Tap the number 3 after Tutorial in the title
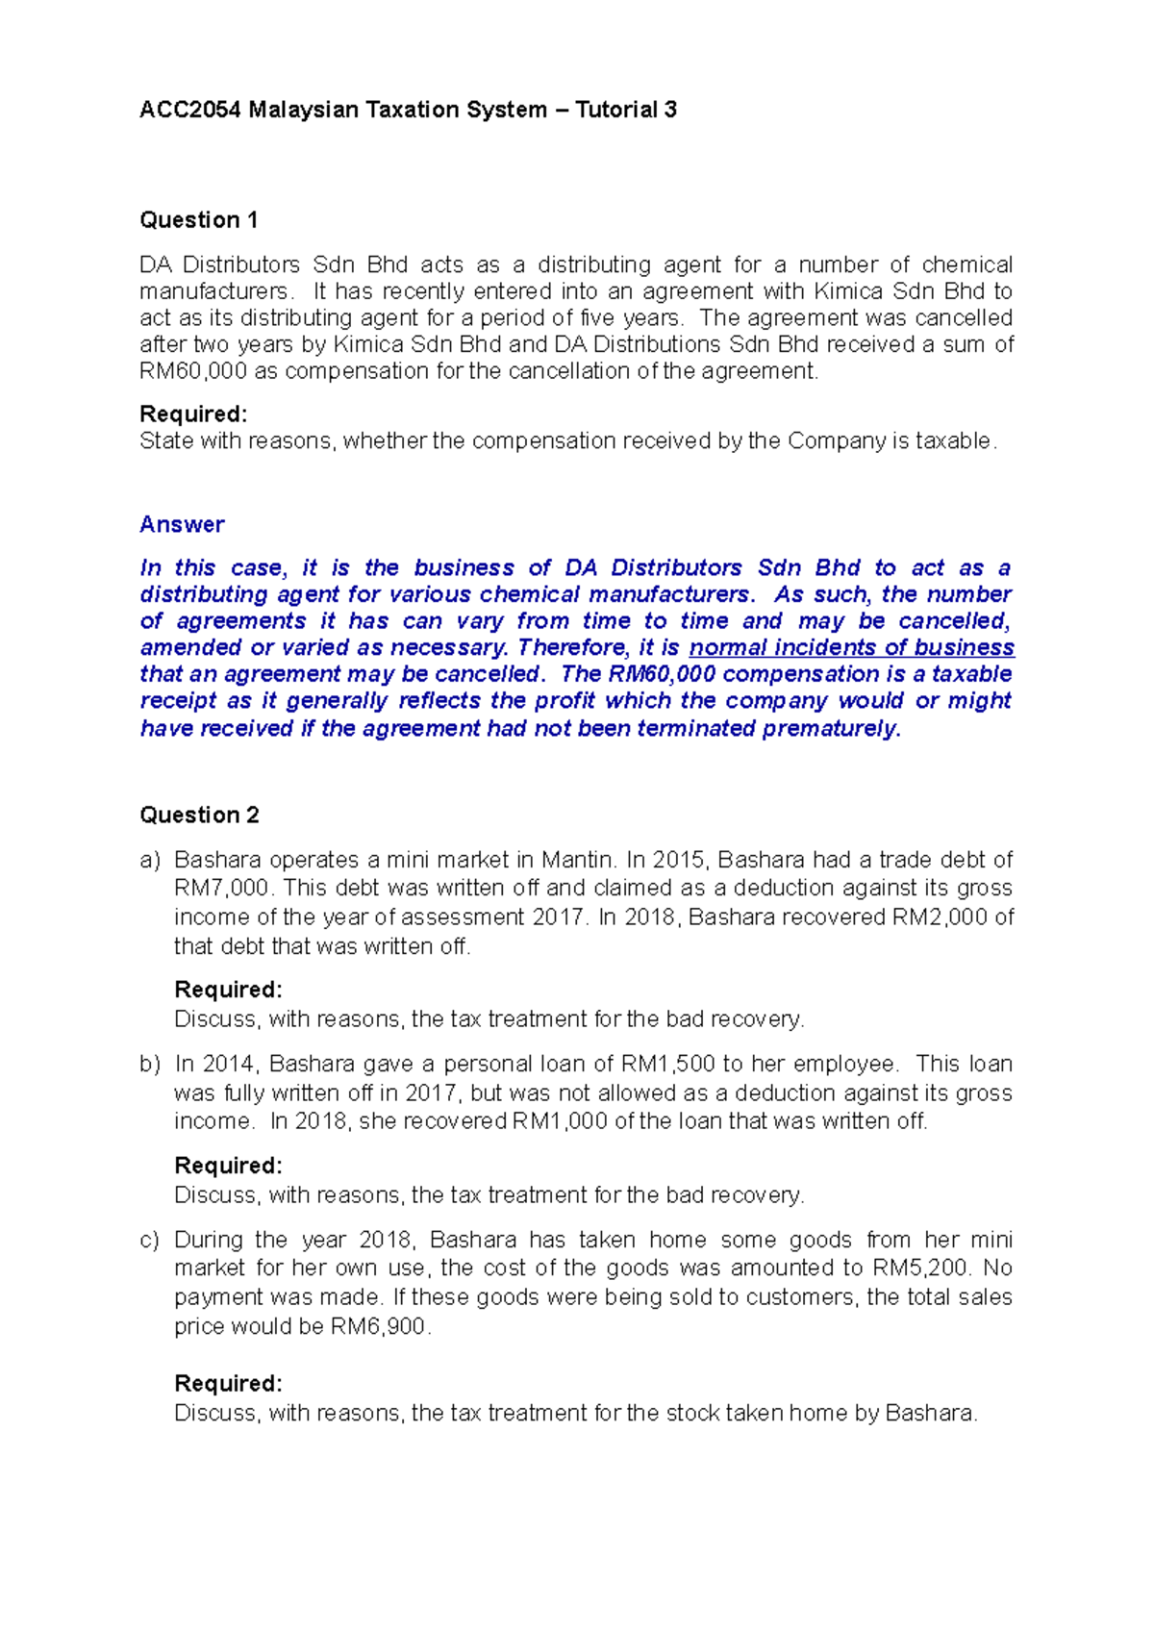(670, 110)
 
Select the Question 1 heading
(198, 220)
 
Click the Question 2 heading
(199, 816)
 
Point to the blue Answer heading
(182, 524)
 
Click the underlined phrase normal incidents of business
(851, 647)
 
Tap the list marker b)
(149, 1064)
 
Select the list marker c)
(149, 1240)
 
